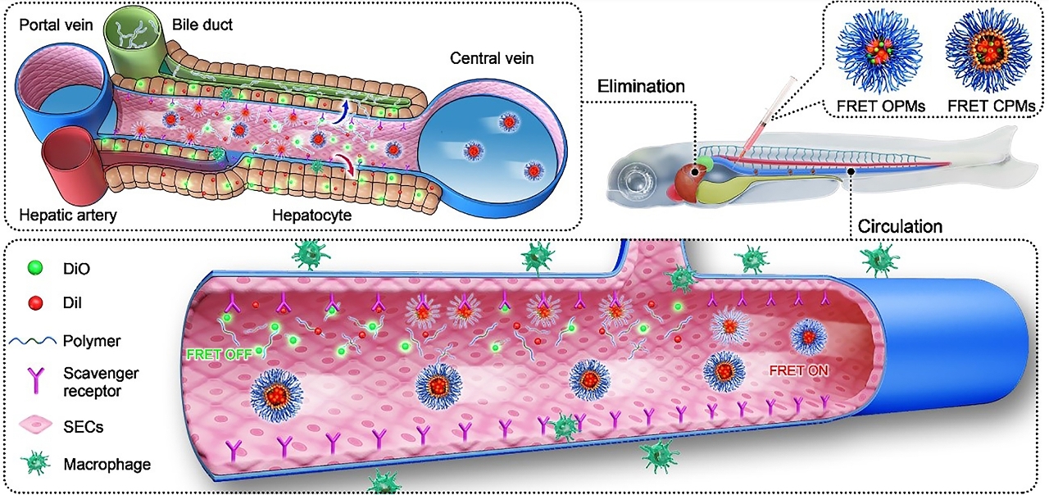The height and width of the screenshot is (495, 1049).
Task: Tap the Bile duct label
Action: pos(202,25)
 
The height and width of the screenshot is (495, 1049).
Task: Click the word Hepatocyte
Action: pos(311,215)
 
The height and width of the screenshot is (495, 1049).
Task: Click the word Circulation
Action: pos(900,225)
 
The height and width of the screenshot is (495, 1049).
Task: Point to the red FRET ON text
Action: pos(798,370)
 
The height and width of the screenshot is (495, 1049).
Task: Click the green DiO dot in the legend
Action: pos(33,266)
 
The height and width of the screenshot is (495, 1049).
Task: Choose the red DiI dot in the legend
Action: pos(33,303)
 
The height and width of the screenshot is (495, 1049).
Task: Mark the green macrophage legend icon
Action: pos(34,465)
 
